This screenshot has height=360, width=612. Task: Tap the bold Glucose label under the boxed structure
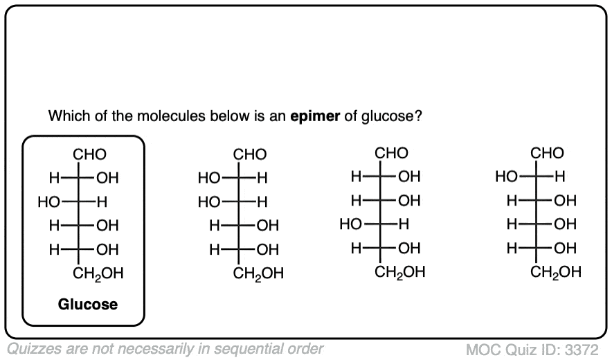coord(87,304)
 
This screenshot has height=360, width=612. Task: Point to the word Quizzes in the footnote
coord(32,348)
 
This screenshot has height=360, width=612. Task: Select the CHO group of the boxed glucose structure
coord(89,154)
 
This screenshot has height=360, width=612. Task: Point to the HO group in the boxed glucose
coord(49,202)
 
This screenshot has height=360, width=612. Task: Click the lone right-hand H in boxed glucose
coord(102,202)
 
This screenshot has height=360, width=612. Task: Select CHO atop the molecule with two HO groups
coord(249,154)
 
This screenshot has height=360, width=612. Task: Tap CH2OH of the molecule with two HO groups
coord(258,273)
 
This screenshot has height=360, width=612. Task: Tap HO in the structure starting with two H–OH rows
coord(350,224)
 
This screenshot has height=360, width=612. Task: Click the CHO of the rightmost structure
coord(547,153)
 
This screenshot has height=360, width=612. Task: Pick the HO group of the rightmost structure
coord(507,177)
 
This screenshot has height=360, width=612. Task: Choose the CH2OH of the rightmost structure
coord(556,272)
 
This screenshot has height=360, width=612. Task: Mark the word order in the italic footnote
coord(305,348)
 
